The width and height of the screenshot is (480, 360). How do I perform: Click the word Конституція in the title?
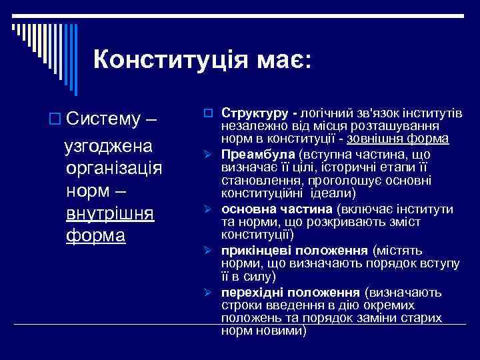pyautogui.click(x=169, y=59)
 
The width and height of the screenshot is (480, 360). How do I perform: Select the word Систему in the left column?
pyautogui.click(x=103, y=121)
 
